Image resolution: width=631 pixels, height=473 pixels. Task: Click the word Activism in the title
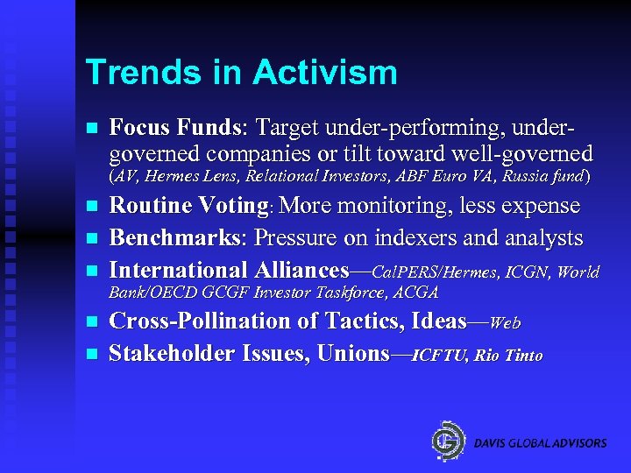(325, 73)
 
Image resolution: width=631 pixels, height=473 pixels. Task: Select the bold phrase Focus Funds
(174, 128)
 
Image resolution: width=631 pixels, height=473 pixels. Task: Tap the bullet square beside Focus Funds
(90, 129)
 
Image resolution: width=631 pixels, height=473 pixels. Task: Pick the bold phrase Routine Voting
(188, 206)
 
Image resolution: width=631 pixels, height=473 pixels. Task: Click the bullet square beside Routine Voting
(90, 208)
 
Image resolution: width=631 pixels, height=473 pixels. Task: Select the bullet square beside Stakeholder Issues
(90, 356)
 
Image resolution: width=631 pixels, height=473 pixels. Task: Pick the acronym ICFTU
(440, 356)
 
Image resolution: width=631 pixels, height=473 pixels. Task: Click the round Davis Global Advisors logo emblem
(448, 440)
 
